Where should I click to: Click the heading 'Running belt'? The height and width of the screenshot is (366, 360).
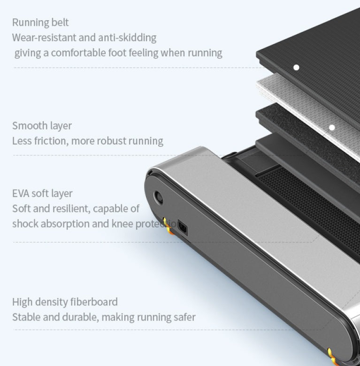(x=40, y=22)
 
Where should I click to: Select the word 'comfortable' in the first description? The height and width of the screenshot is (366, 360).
(x=80, y=52)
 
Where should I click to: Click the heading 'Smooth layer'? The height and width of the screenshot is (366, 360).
(x=42, y=125)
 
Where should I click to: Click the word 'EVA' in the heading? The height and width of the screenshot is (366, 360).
(x=21, y=193)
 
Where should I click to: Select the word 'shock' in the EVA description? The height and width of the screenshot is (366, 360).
(x=25, y=223)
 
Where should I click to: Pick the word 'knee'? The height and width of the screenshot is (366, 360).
(x=123, y=223)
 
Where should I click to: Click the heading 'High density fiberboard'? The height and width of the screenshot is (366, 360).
(x=65, y=302)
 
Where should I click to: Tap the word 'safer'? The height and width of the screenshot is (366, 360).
(x=184, y=317)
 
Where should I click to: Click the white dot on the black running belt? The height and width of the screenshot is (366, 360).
(x=296, y=68)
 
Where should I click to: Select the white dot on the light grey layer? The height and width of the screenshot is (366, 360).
(x=332, y=127)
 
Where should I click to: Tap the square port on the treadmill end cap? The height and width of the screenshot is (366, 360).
(x=182, y=228)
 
